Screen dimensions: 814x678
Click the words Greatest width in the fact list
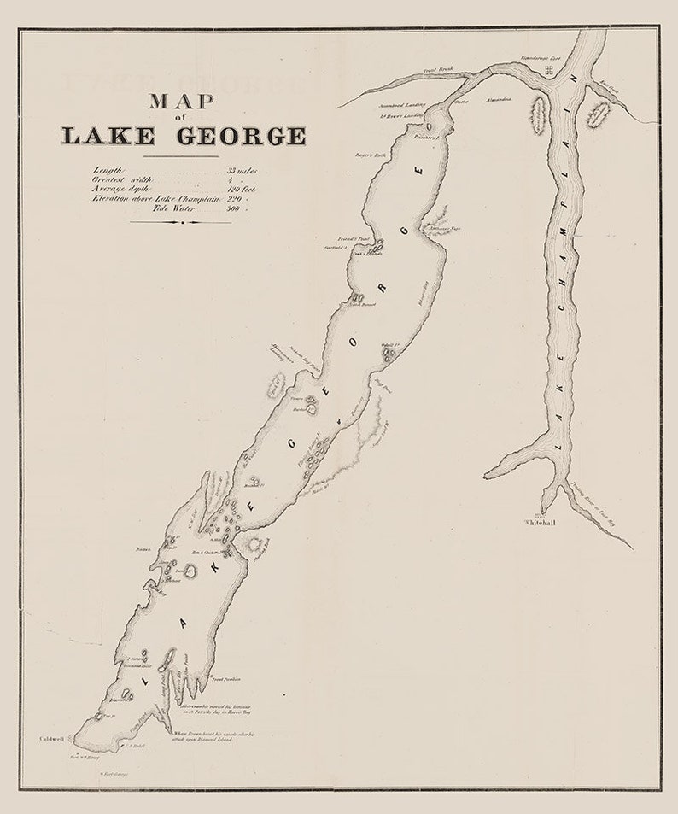123,179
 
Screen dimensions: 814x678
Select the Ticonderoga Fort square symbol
551,73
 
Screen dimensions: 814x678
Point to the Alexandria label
498,100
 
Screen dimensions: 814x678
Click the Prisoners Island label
425,136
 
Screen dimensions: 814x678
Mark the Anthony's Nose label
443,228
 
